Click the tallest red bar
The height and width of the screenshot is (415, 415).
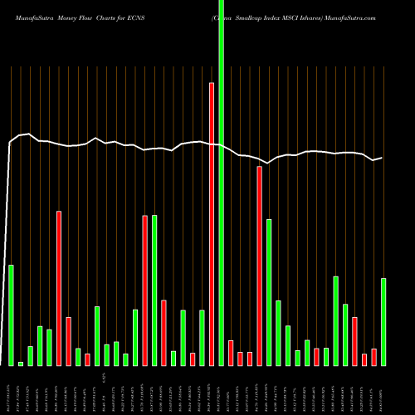pos(212,224)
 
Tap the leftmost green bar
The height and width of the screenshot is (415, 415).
pos(11,315)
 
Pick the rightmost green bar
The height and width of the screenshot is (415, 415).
pos(383,321)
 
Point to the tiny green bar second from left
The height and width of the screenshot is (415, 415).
pos(21,364)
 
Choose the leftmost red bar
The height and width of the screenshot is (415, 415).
pos(59,288)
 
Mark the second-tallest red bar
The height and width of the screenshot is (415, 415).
pos(260,266)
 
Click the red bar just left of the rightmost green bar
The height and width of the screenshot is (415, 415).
pos(373,357)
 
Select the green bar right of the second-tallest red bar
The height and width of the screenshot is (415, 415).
pos(269,292)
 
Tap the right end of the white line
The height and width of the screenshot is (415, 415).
pos(382,158)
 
